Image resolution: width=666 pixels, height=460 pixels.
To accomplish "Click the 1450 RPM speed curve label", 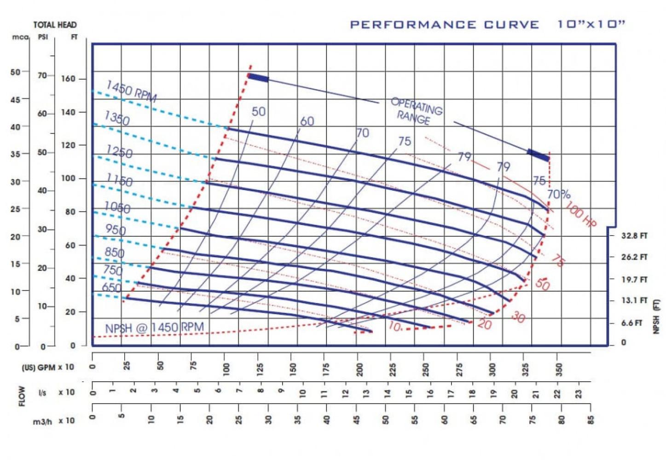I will (131, 90).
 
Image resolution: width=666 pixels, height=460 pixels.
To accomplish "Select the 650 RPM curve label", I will (112, 288).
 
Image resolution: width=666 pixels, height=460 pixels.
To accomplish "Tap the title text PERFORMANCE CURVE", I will (444, 24).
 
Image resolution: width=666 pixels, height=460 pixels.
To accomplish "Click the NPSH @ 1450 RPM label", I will (154, 328).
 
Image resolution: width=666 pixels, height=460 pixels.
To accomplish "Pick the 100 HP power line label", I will (581, 214).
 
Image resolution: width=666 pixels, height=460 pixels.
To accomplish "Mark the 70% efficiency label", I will (559, 194).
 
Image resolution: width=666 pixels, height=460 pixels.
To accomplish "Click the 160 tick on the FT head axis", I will (68, 79).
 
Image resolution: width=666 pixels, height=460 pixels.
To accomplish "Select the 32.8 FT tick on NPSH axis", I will (634, 236).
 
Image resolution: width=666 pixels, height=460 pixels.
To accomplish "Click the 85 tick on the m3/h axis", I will (591, 420).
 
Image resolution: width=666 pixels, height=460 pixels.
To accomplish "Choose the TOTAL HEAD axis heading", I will (55, 25).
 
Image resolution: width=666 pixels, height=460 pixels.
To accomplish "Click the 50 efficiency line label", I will (258, 111).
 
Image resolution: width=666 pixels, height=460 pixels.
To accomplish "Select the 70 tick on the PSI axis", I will (42, 75).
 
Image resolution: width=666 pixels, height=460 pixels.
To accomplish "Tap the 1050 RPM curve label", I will (117, 207).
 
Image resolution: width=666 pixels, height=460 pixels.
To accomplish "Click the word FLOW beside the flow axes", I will (22, 396).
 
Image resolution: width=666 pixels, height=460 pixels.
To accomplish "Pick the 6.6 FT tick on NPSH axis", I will (632, 323).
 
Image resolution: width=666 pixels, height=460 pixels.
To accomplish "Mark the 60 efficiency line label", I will (307, 121).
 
